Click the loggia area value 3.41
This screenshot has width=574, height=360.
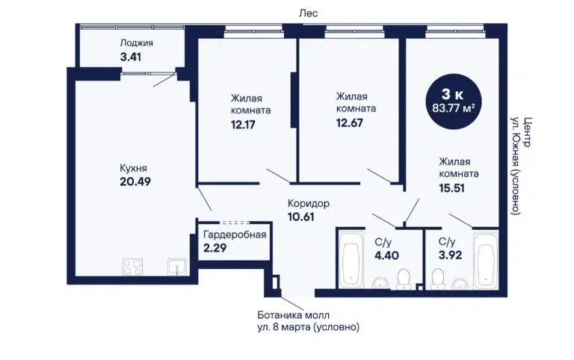[131, 57]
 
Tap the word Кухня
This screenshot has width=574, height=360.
[133, 168]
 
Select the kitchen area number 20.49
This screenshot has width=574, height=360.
[135, 181]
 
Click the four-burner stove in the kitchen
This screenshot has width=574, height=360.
[132, 267]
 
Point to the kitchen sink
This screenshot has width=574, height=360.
[177, 267]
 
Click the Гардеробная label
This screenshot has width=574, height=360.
[235, 235]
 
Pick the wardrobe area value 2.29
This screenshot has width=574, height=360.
[215, 248]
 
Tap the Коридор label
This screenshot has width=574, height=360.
[309, 203]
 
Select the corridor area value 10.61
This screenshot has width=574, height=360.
[301, 217]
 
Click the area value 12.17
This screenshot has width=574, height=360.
[243, 125]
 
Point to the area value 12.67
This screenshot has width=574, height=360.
[350, 122]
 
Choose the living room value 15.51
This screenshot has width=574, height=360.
[451, 188]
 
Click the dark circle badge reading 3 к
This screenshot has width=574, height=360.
[453, 102]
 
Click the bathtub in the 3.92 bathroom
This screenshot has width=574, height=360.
[486, 260]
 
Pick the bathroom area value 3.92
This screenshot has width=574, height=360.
[450, 255]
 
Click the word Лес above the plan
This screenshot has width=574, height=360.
[309, 13]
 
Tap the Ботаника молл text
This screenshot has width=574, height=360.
[294, 315]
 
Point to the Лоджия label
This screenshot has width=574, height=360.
[137, 43]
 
